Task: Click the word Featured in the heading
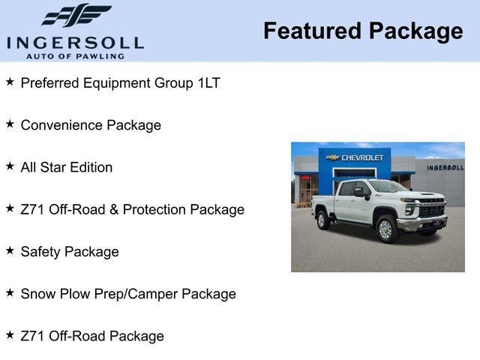[311, 31]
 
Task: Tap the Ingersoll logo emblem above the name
[76, 15]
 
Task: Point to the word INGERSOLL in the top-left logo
[75, 42]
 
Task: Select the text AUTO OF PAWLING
[75, 56]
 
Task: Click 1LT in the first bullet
[209, 83]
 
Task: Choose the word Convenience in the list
[61, 125]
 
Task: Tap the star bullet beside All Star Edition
[10, 166]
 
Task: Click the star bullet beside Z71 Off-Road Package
[10, 335]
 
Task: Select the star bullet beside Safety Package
[10, 250]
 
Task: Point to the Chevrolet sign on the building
[357, 157]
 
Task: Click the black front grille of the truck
[430, 210]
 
